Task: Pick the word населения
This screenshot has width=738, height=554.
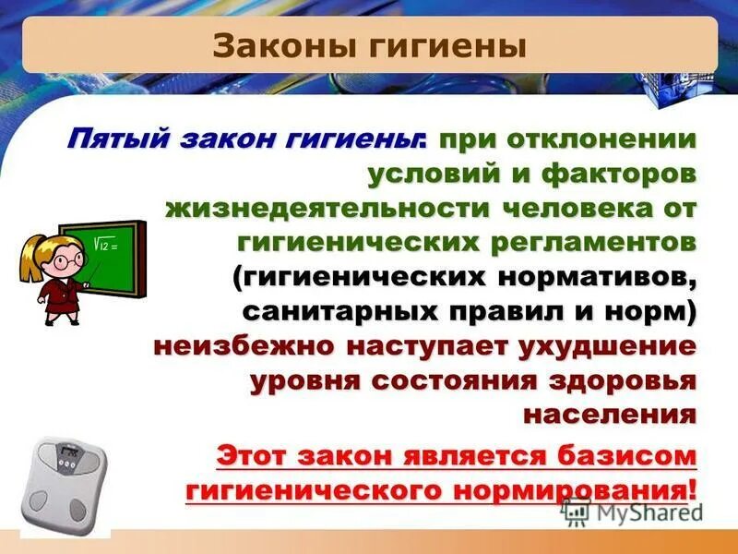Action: pos(609,414)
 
